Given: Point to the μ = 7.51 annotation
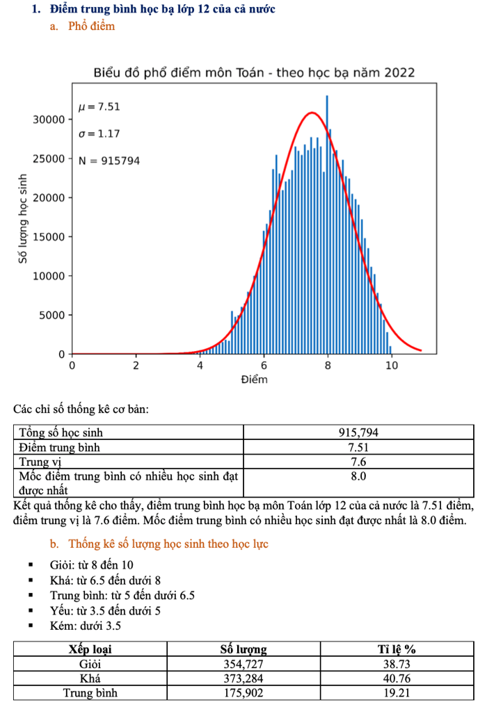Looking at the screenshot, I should click(x=99, y=106).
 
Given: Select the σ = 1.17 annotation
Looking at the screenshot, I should click(x=99, y=133).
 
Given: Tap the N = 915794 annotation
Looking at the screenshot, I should click(x=109, y=161).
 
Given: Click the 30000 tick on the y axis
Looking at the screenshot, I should click(x=49, y=120).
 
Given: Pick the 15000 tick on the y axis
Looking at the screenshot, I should click(x=49, y=237).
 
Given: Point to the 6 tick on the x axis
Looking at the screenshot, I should click(x=264, y=366).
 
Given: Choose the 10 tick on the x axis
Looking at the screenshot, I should click(x=392, y=366).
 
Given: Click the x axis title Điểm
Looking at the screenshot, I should click(x=254, y=380).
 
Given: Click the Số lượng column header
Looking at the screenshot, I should click(x=243, y=650).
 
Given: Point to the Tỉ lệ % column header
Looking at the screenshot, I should click(x=397, y=650).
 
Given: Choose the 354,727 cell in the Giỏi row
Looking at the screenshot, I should click(x=243, y=664).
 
